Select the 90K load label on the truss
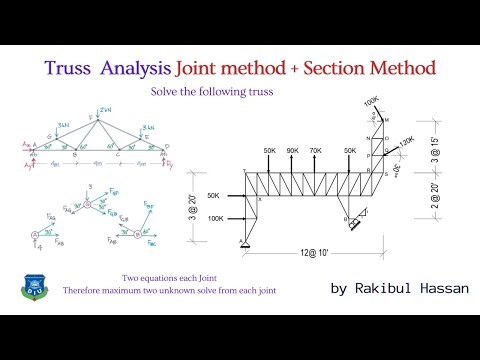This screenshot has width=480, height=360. [x=293, y=150]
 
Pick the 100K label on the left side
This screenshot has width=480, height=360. [x=215, y=218]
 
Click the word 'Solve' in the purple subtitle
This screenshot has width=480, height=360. [x=166, y=92]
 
